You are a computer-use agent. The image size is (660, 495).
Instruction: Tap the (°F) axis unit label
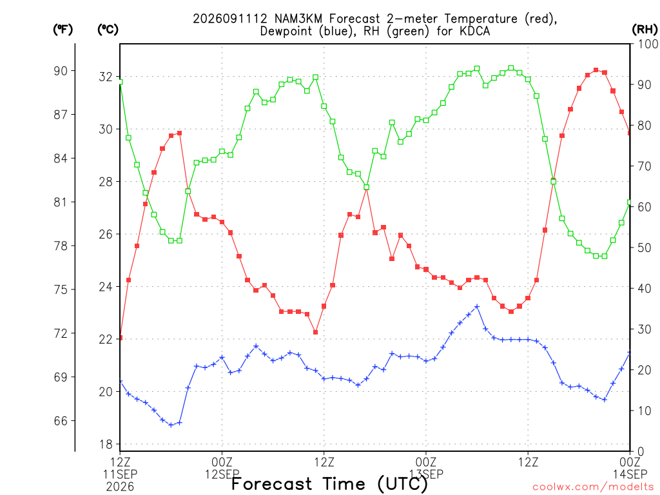point(63,30)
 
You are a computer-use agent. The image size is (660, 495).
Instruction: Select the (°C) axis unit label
point(108,30)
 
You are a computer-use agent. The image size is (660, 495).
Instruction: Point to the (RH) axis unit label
point(645,30)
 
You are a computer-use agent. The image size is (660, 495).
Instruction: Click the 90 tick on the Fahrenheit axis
point(61,71)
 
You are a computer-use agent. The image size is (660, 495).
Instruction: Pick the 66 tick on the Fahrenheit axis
point(61,421)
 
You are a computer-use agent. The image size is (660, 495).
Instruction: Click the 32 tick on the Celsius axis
point(106,77)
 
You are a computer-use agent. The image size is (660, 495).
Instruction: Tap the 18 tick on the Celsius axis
point(106,444)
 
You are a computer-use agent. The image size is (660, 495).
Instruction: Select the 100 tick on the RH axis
point(648,44)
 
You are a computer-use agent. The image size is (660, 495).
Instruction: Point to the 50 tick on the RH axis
point(644,247)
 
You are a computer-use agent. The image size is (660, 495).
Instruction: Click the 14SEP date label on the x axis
point(630,474)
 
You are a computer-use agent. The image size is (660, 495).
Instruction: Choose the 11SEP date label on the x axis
point(121,474)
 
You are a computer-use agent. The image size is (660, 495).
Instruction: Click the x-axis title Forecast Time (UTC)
point(329,484)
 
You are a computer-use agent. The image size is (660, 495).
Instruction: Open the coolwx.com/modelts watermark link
point(594,487)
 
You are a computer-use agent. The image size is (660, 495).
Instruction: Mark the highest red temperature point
point(596,70)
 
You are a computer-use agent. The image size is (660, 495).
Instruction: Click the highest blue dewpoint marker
point(477,306)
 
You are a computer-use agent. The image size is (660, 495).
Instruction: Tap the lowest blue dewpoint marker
point(171,425)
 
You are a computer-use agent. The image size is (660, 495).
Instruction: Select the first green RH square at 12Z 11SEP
point(121,82)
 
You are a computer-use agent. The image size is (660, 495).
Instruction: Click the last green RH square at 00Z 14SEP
point(630,202)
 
